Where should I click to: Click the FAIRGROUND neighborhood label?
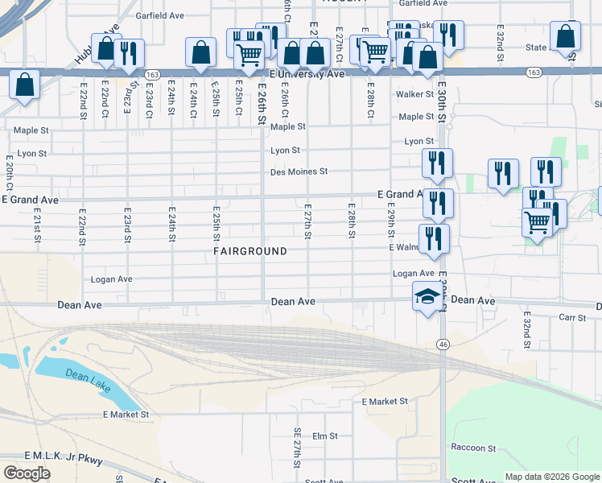tap(250, 251)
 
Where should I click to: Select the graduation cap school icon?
tap(427, 298)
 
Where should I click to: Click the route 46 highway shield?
tap(443, 344)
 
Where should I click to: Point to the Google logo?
tap(27, 473)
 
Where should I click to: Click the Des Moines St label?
tap(299, 171)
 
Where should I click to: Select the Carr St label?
tap(573, 317)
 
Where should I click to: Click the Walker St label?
tap(414, 94)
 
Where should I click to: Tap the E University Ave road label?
tap(307, 73)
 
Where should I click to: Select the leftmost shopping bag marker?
tap(25, 85)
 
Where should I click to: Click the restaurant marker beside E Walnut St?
tap(434, 239)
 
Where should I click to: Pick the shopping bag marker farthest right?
tap(566, 36)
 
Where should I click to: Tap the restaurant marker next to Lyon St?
tap(437, 163)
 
